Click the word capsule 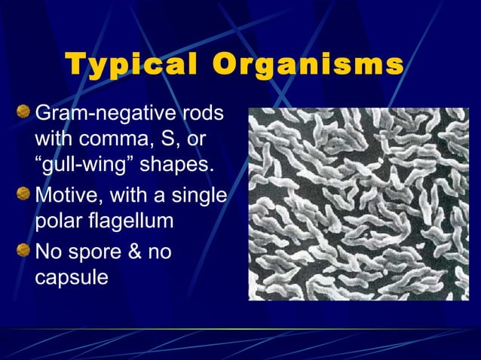click(x=72, y=276)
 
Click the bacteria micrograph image click(x=358, y=204)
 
